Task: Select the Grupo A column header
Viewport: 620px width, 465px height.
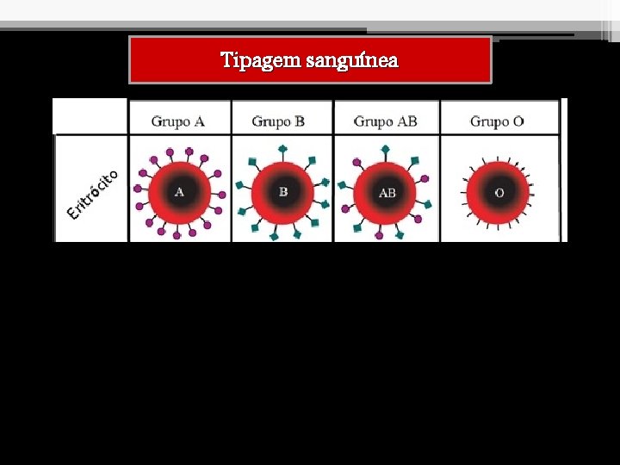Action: click(x=177, y=121)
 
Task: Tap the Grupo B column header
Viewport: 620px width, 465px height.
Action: click(x=278, y=121)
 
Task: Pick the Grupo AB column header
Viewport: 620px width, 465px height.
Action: click(x=385, y=121)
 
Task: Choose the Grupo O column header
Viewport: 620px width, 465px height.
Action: click(x=497, y=121)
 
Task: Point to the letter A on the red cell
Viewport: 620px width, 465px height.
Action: click(x=179, y=192)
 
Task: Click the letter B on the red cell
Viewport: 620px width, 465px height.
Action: click(x=283, y=192)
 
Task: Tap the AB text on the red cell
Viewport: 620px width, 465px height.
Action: click(x=387, y=193)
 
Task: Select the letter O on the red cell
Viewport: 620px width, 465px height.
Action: click(x=499, y=193)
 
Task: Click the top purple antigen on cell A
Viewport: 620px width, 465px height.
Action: click(x=180, y=152)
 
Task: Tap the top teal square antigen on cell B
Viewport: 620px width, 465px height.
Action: click(x=282, y=149)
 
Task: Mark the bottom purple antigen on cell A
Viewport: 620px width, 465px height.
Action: click(x=177, y=234)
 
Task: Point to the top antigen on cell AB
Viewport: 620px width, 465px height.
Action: click(x=386, y=149)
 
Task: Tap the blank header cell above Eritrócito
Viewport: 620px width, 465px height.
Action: click(x=90, y=115)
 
